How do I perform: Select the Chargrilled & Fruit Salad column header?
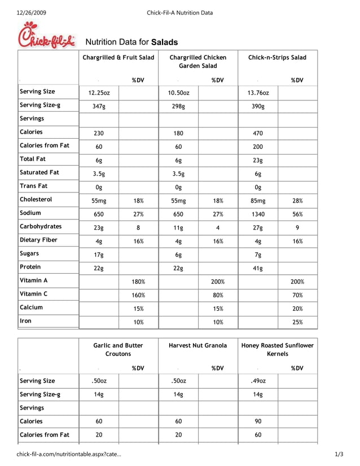coord(118,58)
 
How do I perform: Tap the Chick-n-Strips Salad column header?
coord(277,58)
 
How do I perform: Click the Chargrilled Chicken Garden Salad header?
coord(197,61)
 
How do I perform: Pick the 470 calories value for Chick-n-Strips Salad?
coord(258,134)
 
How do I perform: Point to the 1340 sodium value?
coord(258,214)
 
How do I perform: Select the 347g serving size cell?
coord(99,107)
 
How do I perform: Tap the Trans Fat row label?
coord(34,186)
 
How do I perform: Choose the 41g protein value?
coord(258,268)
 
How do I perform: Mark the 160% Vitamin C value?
coord(138,295)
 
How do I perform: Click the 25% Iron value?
coord(297,322)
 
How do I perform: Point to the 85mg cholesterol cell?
coord(258,201)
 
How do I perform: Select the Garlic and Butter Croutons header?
coord(118,349)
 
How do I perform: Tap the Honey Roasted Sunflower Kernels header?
coord(277,349)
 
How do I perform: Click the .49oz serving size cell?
coord(258,381)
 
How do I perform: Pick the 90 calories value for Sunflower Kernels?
coord(258,421)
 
